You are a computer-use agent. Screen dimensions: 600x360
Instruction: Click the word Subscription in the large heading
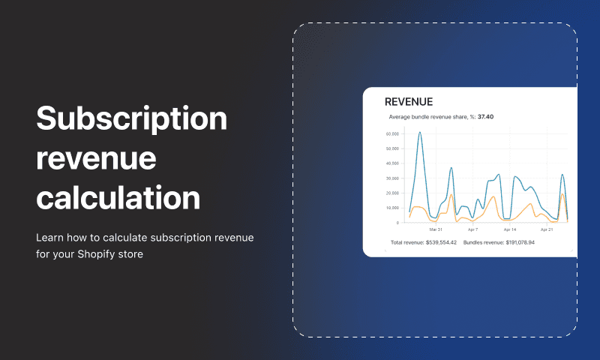[132, 119]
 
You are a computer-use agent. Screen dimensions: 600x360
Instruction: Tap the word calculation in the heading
[118, 198]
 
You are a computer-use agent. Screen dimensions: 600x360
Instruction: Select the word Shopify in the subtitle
[91, 254]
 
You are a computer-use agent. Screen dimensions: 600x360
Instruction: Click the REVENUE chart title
[409, 102]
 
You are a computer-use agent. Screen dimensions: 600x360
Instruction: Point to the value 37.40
[485, 117]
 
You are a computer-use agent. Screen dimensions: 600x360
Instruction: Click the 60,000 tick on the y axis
[392, 134]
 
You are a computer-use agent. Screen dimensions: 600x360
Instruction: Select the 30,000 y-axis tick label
[392, 178]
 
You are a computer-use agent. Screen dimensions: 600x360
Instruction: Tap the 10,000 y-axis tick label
[392, 208]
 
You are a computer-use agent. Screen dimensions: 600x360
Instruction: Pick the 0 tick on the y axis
[397, 223]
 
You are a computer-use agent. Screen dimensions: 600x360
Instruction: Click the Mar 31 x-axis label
[436, 229]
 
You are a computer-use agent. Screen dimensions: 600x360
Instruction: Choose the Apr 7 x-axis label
[473, 229]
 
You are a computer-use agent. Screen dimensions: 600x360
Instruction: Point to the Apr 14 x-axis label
[510, 229]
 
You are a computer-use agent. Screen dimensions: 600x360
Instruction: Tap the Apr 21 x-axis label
[547, 229]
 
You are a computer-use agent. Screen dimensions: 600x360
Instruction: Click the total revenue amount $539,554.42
[441, 242]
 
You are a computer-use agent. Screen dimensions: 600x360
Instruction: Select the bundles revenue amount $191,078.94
[520, 242]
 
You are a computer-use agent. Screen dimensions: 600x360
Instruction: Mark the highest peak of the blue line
[420, 132]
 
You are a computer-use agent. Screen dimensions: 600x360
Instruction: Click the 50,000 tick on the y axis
[392, 148]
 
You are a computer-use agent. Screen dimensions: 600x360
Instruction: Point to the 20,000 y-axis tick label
[392, 193]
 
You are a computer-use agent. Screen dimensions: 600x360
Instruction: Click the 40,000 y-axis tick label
[392, 163]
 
